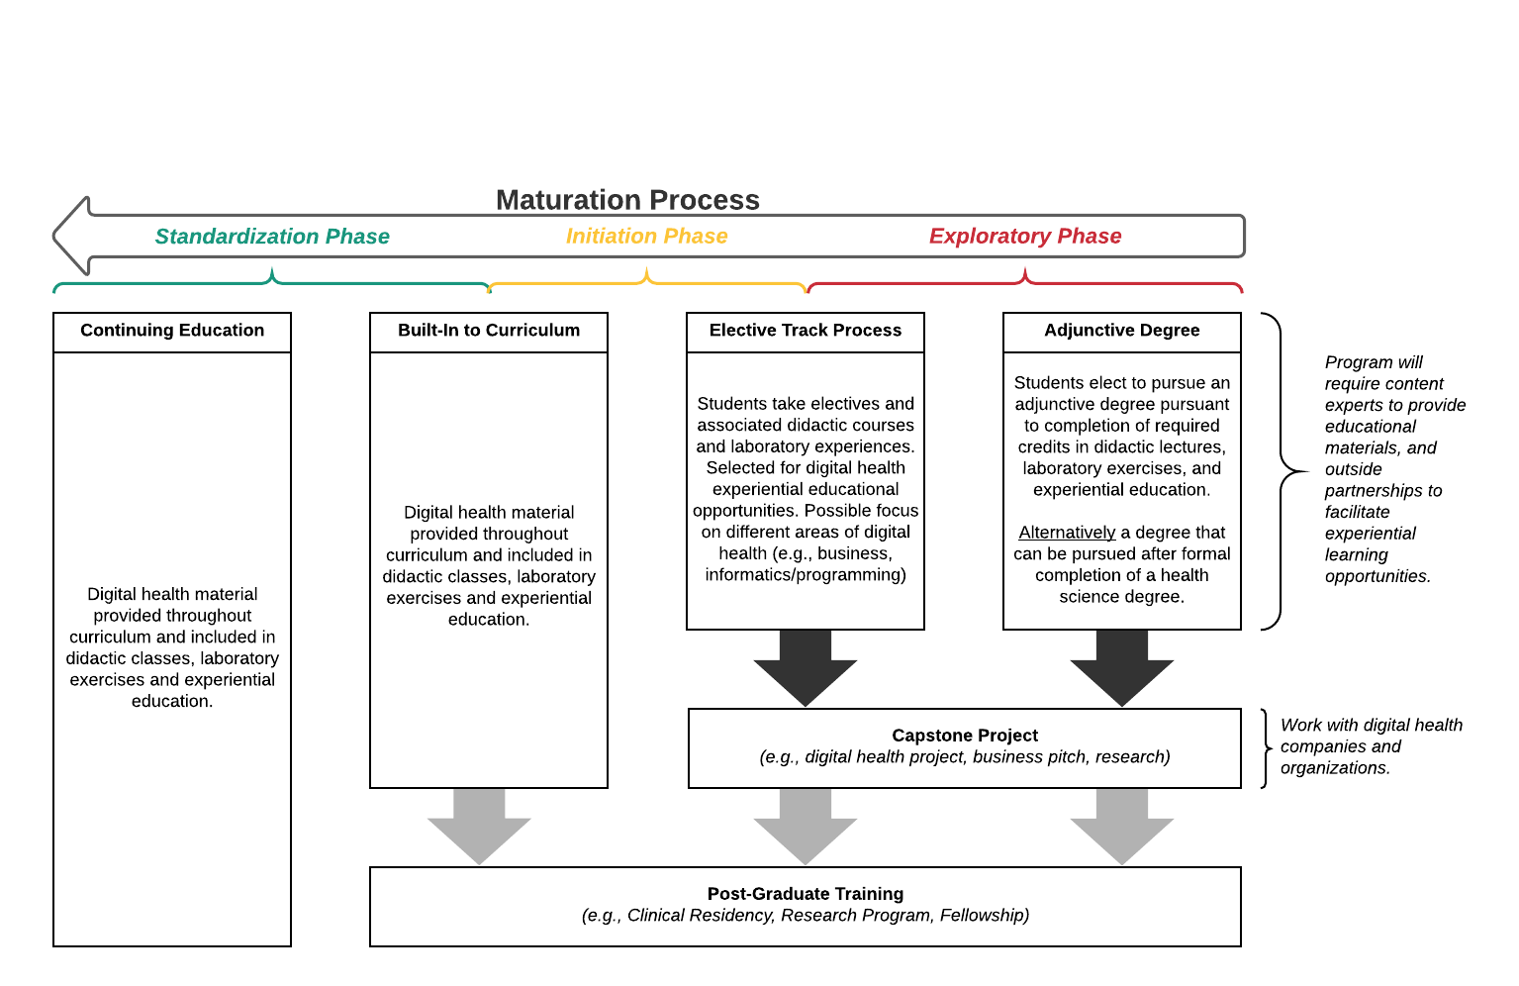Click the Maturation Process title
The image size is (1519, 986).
(x=627, y=200)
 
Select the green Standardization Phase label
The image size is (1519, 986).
(x=272, y=237)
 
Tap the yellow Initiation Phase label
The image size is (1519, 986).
(x=646, y=237)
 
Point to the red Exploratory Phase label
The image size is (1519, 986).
(x=1024, y=237)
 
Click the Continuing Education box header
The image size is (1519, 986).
(x=172, y=331)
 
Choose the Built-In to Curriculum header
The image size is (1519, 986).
(x=489, y=331)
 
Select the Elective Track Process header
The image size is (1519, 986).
(x=806, y=331)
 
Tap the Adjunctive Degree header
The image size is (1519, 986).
(x=1121, y=331)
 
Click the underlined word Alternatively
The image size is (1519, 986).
(x=1067, y=533)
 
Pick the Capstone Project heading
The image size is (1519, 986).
(x=965, y=736)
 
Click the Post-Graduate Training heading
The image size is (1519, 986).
(x=806, y=894)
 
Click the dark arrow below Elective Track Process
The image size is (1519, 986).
(x=806, y=668)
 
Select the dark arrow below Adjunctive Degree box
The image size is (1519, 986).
(x=1121, y=668)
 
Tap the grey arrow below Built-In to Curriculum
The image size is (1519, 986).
(x=479, y=827)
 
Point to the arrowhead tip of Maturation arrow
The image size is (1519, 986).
(x=53, y=237)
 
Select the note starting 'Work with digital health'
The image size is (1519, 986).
(x=1372, y=746)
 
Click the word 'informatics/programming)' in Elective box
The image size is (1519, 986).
(x=806, y=575)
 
